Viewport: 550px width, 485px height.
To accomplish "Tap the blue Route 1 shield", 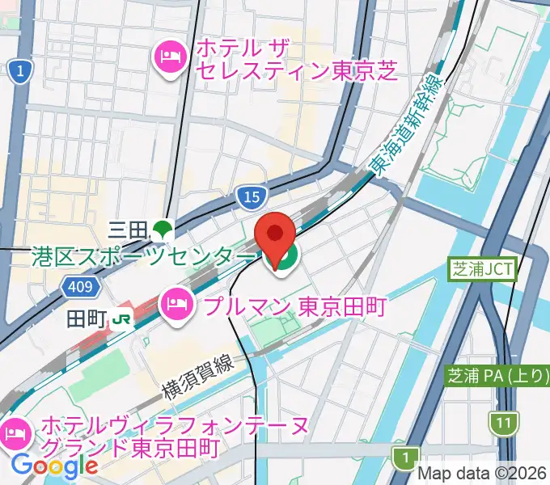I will [19, 73].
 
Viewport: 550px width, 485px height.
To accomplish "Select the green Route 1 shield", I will [402, 458].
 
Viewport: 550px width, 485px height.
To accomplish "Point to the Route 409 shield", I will [80, 287].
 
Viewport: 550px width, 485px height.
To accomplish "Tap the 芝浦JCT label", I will [483, 269].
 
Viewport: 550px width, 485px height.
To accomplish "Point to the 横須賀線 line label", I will [199, 374].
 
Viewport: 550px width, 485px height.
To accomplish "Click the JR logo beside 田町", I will [123, 319].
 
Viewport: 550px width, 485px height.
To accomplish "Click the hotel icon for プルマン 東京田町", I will [176, 305].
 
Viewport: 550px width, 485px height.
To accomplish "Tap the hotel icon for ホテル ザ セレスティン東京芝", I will [169, 57].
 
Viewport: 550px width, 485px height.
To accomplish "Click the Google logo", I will [54, 465].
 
